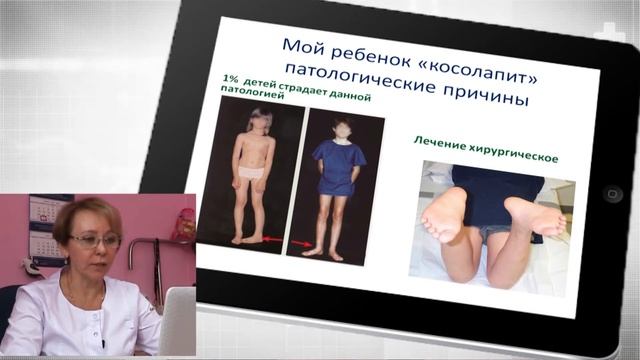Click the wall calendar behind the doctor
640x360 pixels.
point(46,231)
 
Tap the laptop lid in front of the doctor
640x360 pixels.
point(178,321)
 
